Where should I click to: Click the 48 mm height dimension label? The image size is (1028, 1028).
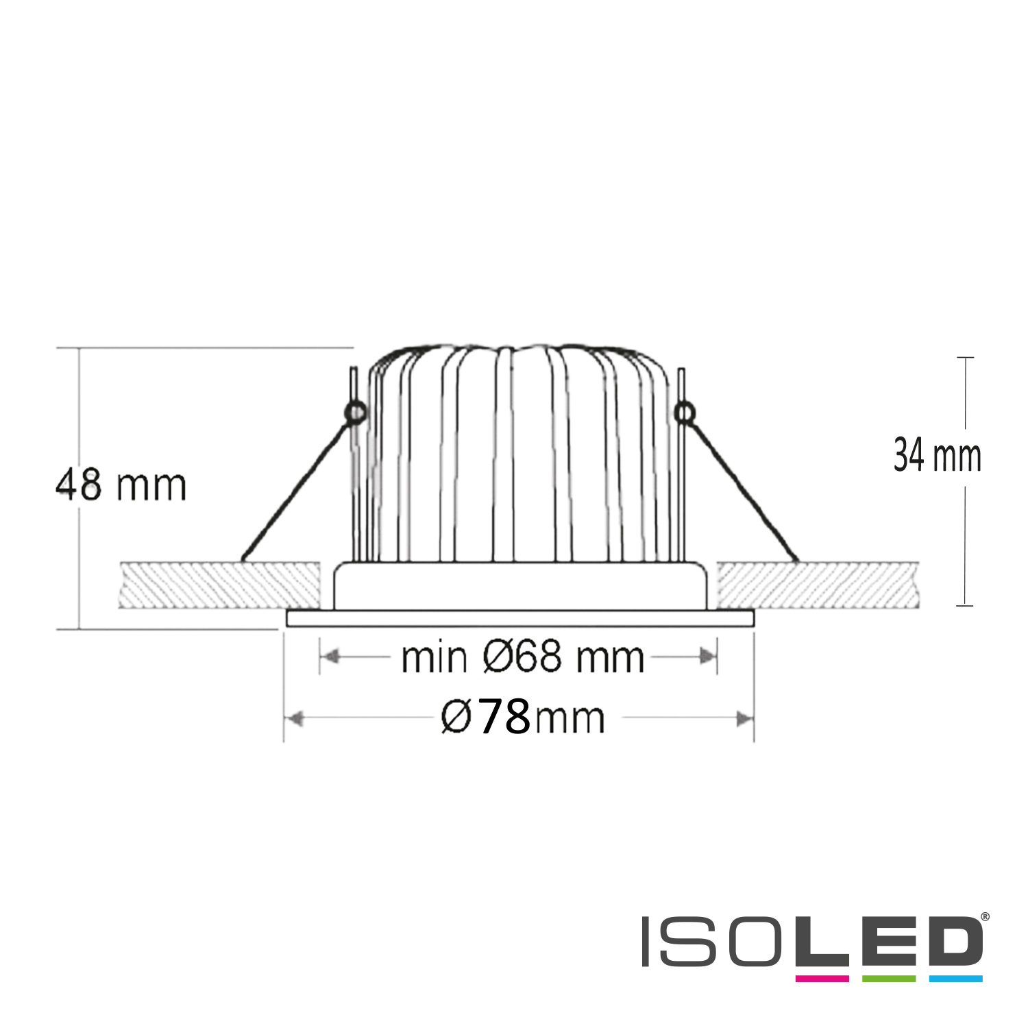(121, 485)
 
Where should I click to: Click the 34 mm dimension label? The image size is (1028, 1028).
(938, 456)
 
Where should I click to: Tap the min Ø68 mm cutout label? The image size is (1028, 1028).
(522, 657)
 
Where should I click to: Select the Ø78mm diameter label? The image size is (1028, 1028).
(523, 717)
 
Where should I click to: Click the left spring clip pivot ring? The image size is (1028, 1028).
(356, 413)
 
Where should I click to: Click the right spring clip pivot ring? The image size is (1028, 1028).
(684, 413)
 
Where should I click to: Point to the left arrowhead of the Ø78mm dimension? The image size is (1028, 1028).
(294, 719)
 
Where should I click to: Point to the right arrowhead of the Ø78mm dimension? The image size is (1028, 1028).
(744, 719)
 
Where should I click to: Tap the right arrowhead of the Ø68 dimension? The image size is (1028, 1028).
(707, 657)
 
